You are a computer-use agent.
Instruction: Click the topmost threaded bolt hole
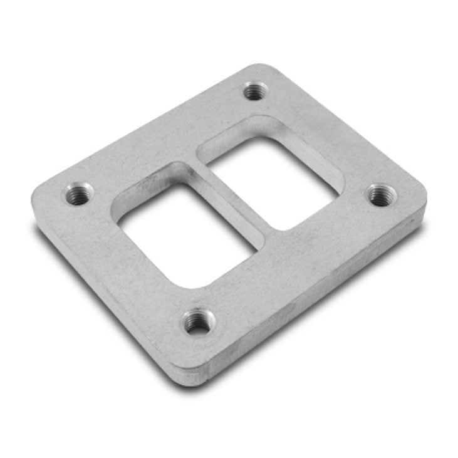click(x=254, y=91)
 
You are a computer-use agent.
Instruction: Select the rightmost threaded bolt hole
click(x=381, y=195)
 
